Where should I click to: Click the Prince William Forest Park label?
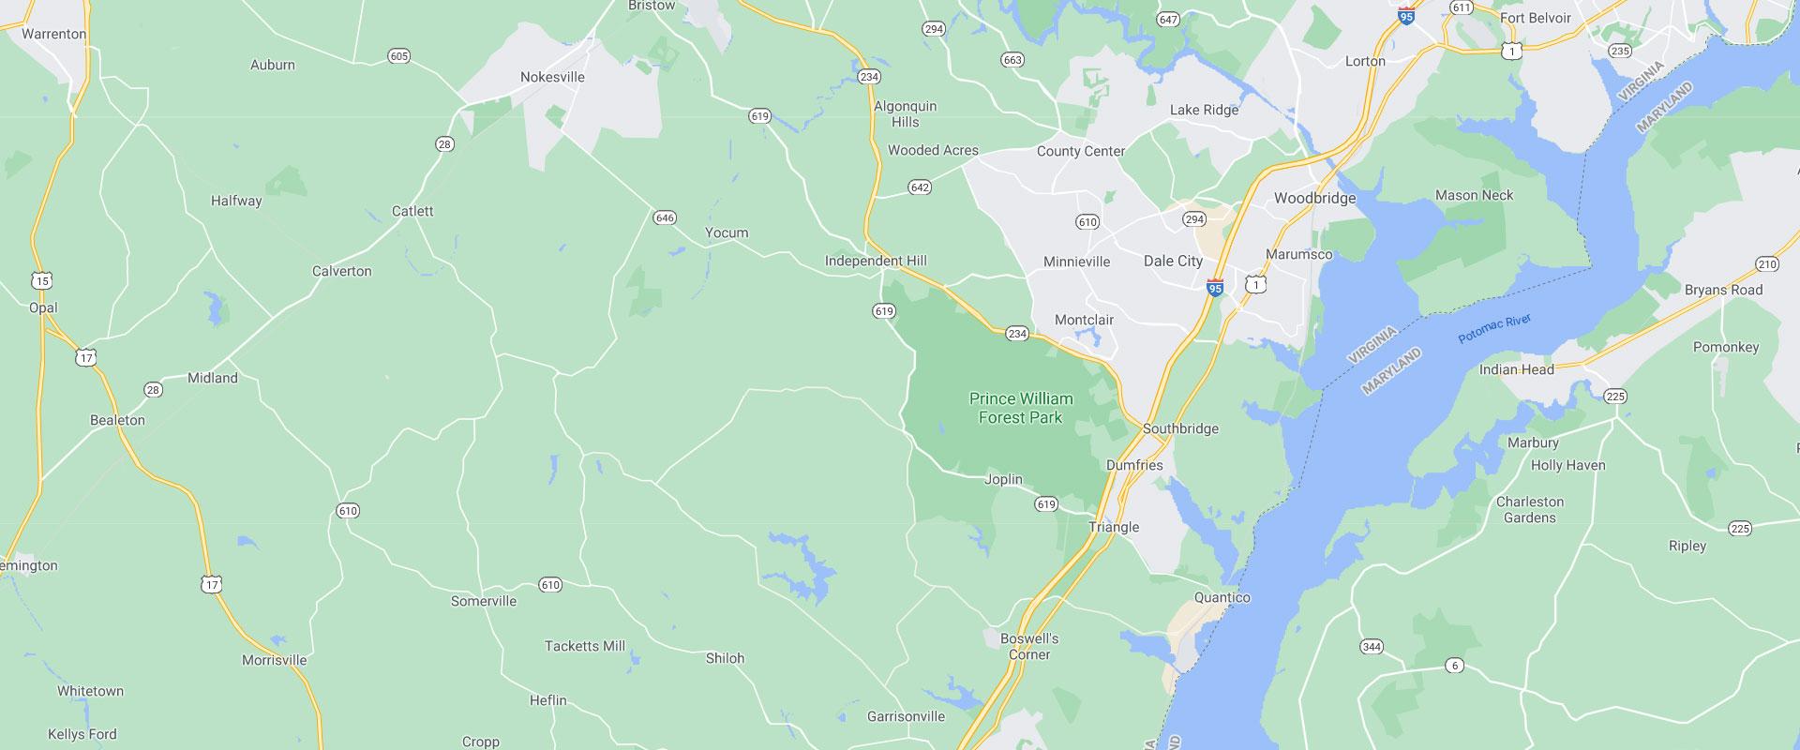[x=1021, y=408]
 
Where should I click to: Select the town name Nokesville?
[x=552, y=77]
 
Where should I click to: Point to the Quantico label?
[x=1222, y=597]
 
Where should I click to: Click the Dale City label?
[x=1173, y=262]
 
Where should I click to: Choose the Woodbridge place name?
[x=1314, y=199]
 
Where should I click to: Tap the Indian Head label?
[x=1516, y=369]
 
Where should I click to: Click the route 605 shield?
[x=398, y=57]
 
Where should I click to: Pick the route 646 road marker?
[x=664, y=218]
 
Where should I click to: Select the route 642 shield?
[x=920, y=188]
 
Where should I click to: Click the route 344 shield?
[x=1372, y=647]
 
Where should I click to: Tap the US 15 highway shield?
[x=41, y=280]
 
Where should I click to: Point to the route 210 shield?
[x=1766, y=264]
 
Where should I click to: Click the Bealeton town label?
[x=117, y=420]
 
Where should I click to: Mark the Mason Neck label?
[x=1474, y=196]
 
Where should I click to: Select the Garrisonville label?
[x=906, y=716]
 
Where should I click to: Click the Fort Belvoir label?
[x=1535, y=18]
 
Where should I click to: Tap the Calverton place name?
[x=341, y=271]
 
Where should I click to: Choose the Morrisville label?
[x=274, y=660]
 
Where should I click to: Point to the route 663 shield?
[x=1012, y=60]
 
